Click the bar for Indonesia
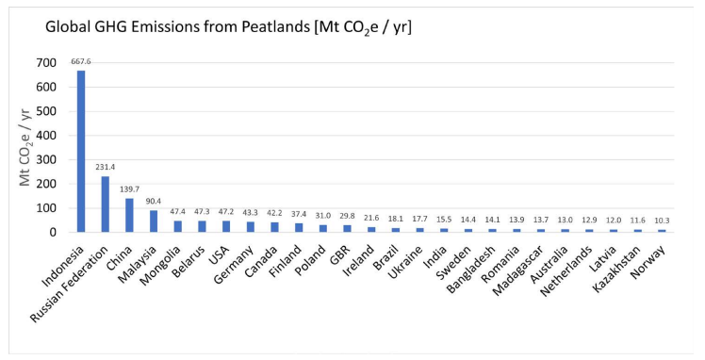coord(81,151)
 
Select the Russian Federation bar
coord(105,204)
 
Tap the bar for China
coord(129,215)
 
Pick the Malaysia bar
coord(154,221)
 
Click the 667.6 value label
coord(81,61)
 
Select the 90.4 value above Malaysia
coord(154,200)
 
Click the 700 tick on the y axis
coord(46,63)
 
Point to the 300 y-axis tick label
coord(46,159)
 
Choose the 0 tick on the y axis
coord(53,232)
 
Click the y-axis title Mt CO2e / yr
coord(27,146)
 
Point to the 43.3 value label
coord(250,211)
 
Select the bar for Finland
coord(298,227)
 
